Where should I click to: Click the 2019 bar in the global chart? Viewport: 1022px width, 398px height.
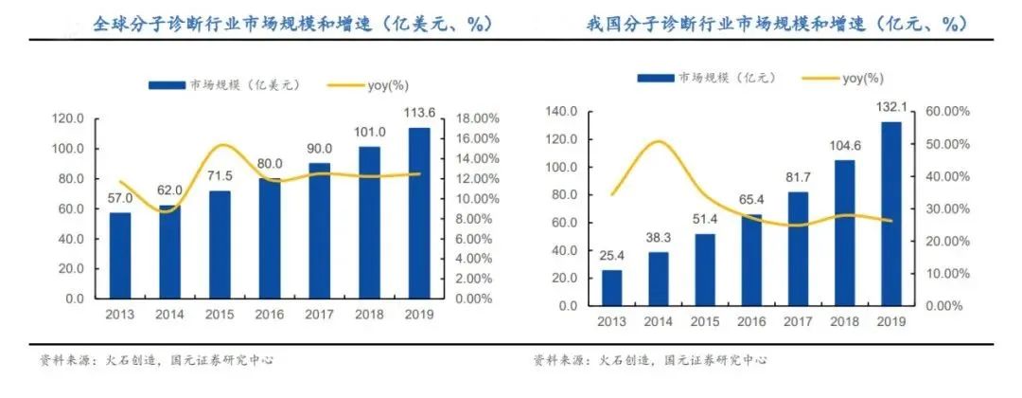tap(419, 213)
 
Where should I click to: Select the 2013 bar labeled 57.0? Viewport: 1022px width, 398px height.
tap(120, 256)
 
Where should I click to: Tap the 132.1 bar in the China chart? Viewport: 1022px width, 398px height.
tap(890, 214)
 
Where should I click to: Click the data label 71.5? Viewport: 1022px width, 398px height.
tap(220, 177)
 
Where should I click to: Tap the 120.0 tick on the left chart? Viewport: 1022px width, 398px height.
tap(67, 118)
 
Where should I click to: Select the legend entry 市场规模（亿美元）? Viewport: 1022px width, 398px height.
tap(225, 85)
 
